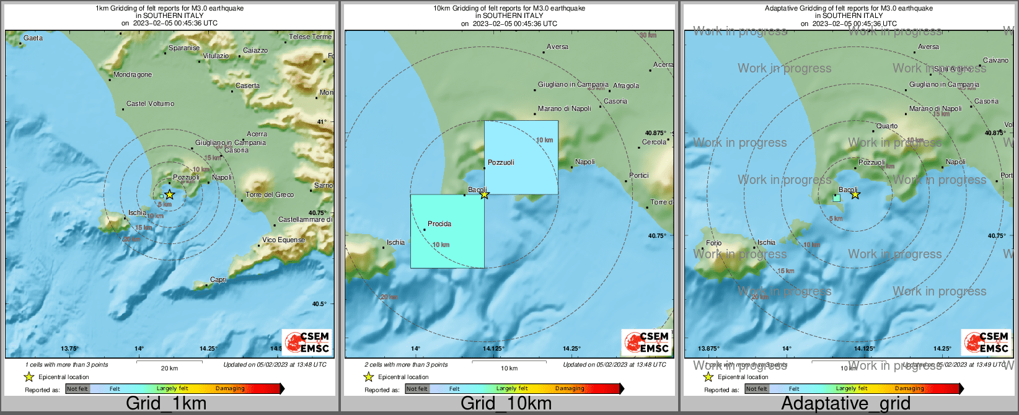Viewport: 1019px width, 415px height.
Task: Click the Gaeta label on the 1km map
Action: coord(33,38)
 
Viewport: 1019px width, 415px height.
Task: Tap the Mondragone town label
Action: coord(133,75)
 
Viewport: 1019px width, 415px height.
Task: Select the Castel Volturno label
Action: coord(150,104)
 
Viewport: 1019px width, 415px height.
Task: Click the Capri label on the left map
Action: coord(218,280)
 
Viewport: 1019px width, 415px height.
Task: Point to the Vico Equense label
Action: coord(283,240)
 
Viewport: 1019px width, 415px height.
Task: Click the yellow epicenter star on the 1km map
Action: coord(169,194)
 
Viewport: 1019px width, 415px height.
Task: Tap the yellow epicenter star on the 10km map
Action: coord(485,194)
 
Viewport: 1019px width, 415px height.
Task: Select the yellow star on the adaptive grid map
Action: coord(855,194)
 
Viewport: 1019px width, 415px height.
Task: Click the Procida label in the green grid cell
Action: coord(439,224)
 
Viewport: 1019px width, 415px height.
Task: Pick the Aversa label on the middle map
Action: coord(557,47)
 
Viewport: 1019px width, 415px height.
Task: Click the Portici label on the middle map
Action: coord(638,176)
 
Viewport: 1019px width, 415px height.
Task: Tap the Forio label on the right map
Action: coord(713,243)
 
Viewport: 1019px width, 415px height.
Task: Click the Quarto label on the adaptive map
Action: coord(886,126)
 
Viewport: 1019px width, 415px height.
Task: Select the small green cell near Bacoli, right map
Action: coord(837,198)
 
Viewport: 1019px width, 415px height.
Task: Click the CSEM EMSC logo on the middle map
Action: coord(646,342)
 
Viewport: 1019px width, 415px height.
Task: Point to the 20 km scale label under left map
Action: coord(169,369)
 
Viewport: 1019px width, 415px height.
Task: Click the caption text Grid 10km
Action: coord(506,404)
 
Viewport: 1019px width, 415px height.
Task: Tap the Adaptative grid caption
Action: coord(845,404)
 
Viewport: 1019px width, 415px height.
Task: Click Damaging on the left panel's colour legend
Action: coord(230,389)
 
